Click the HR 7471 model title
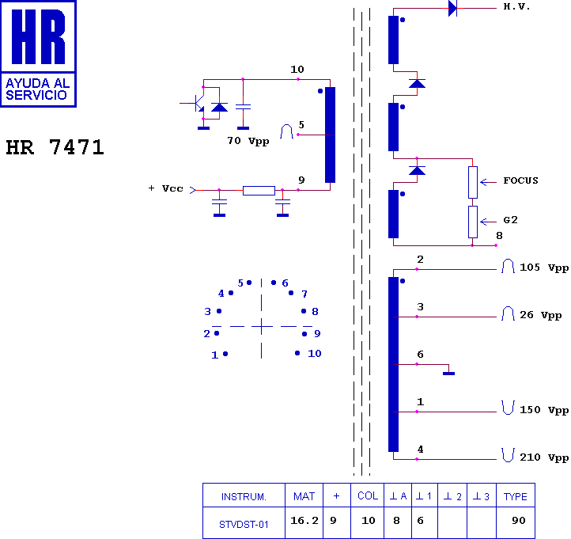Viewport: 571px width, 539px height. click(55, 147)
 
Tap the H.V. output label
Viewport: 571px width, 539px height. click(516, 6)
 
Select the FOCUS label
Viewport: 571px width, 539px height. click(520, 180)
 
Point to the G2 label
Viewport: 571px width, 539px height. click(510, 220)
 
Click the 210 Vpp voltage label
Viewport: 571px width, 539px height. click(544, 457)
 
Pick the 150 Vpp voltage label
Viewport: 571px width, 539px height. click(544, 410)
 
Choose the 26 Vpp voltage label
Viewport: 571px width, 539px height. click(540, 315)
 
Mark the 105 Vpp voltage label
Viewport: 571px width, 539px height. click(544, 268)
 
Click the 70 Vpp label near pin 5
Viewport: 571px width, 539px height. click(248, 141)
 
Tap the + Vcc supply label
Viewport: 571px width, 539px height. click(166, 188)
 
